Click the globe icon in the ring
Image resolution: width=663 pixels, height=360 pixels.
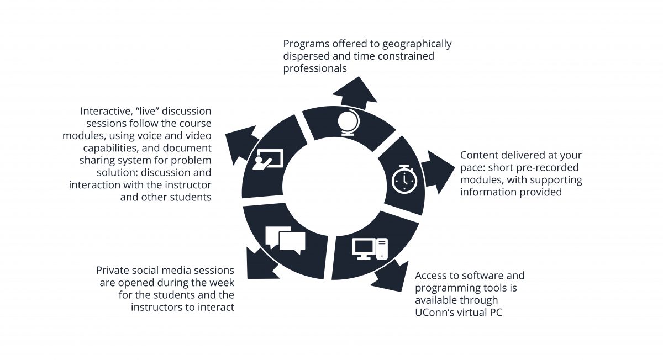pos(348,123)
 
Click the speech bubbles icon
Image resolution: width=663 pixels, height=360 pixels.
pos(285,240)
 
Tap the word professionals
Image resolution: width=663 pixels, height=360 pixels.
pos(315,68)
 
